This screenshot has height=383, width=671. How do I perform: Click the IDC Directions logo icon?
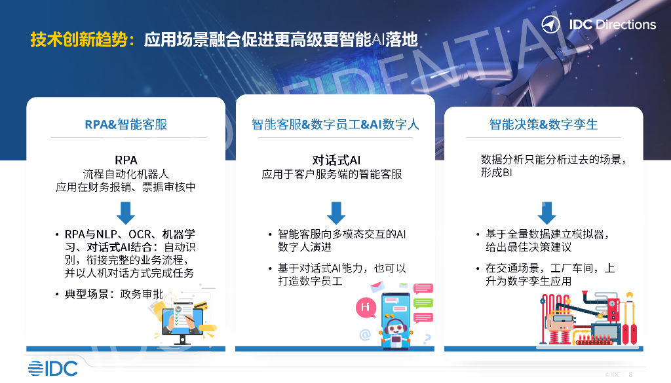click(x=552, y=25)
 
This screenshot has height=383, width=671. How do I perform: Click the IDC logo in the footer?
click(x=52, y=368)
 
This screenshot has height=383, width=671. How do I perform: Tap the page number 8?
click(x=630, y=374)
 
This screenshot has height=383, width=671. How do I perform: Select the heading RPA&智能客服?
click(x=126, y=124)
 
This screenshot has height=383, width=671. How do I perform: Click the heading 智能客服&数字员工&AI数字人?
click(x=335, y=124)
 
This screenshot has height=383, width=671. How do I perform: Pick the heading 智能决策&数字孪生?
click(x=543, y=124)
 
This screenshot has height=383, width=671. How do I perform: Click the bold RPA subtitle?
click(x=126, y=160)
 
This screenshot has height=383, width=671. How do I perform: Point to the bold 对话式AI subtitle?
click(x=336, y=160)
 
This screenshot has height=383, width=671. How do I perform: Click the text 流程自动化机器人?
click(x=126, y=174)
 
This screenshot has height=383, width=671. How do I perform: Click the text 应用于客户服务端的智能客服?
click(x=332, y=174)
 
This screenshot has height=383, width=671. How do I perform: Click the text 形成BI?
click(x=495, y=173)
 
